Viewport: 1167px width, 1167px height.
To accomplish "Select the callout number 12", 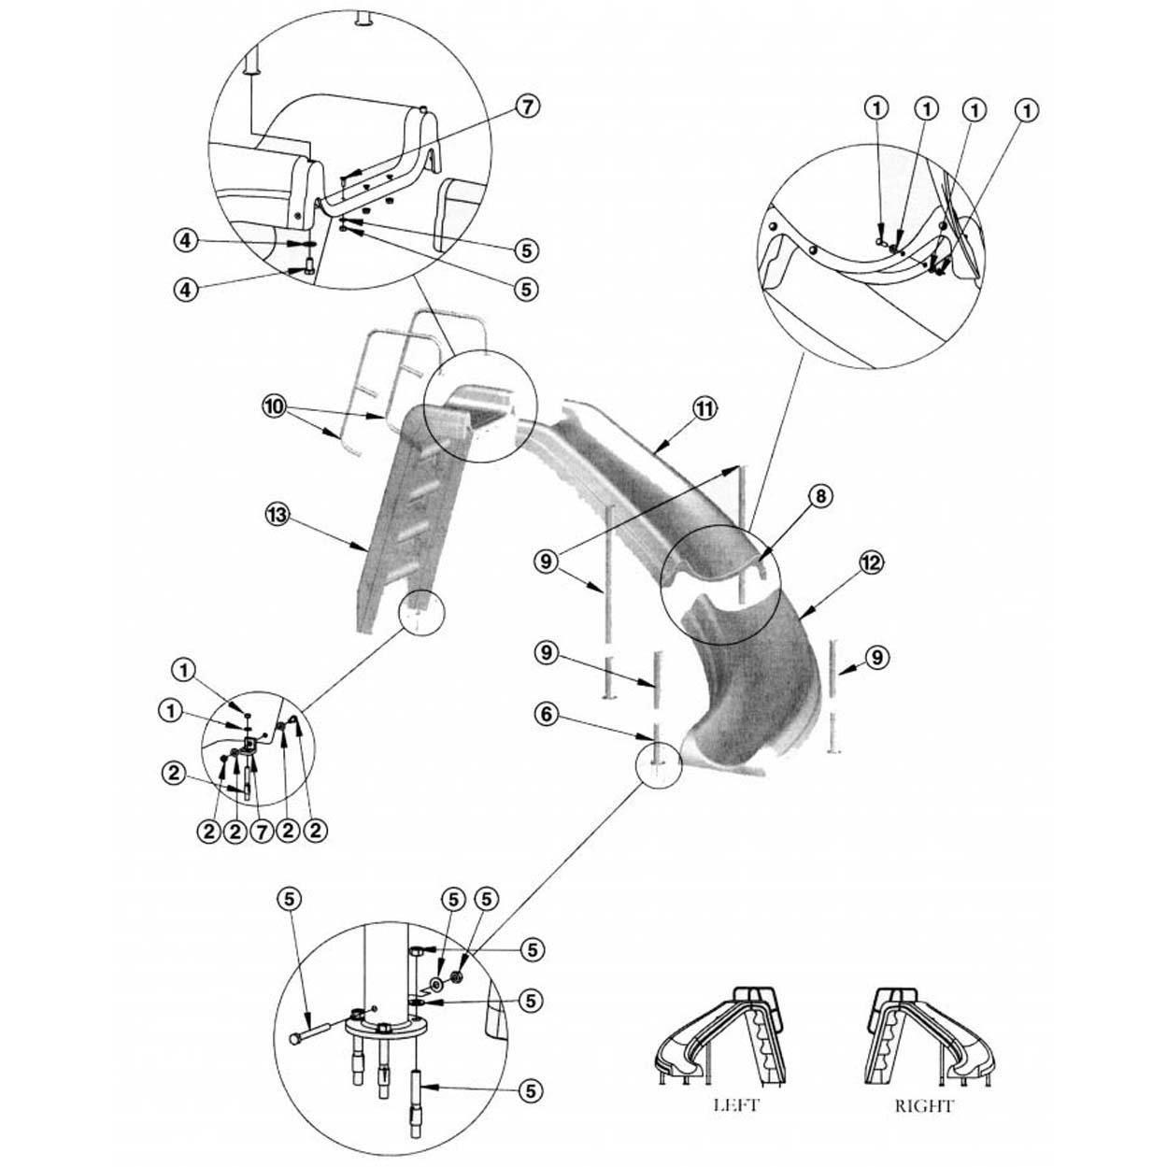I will point(872,562).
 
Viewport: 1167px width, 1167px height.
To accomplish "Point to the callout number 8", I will point(819,496).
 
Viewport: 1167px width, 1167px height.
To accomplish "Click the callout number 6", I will point(548,713).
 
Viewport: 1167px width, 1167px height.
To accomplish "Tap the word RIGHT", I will point(924,1106).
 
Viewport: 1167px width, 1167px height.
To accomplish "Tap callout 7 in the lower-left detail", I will point(263,829).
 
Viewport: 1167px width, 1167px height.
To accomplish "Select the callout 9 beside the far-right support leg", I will point(875,657).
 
